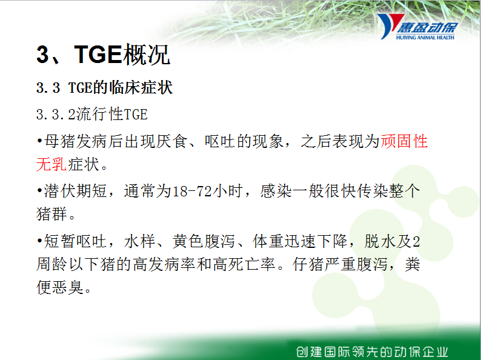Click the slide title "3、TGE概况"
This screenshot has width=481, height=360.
tap(103, 55)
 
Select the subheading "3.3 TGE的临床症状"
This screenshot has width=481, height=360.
tap(104, 87)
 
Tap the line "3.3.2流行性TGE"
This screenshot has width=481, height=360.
tap(91, 114)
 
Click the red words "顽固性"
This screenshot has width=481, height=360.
tap(404, 141)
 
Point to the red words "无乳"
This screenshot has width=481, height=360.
tap(51, 164)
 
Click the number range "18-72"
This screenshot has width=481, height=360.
tap(192, 191)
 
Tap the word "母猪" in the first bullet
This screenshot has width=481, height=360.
tap(59, 141)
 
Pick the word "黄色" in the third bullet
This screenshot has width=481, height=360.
tap(188, 241)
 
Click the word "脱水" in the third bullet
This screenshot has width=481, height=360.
tap(380, 241)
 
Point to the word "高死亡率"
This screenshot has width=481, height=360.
tap(244, 264)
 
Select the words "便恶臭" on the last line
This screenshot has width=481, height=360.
tap(60, 287)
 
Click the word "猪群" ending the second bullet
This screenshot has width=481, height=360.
tap(51, 214)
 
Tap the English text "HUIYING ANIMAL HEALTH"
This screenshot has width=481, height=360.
tap(425, 38)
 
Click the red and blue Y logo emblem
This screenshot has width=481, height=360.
tap(389, 26)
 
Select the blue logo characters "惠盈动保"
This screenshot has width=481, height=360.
tap(427, 28)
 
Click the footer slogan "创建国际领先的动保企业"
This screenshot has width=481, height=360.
tap(372, 352)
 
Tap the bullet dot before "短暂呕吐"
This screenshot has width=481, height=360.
tap(39, 241)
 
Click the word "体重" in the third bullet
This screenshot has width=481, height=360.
tap(268, 241)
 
